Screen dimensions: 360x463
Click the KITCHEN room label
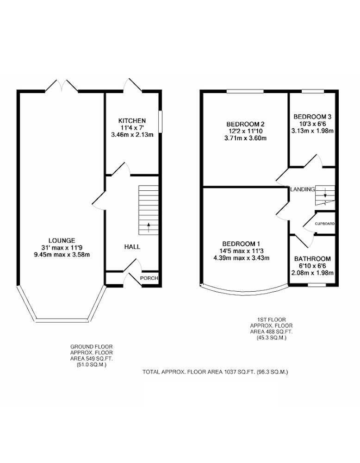pyautogui.click(x=132, y=121)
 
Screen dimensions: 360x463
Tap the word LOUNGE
pyautogui.click(x=62, y=241)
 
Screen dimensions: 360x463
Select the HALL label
pyautogui.click(x=132, y=247)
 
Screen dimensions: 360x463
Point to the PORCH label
pyautogui.click(x=149, y=278)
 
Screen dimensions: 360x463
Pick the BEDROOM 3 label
pyautogui.click(x=312, y=117)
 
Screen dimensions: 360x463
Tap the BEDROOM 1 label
pyautogui.click(x=241, y=244)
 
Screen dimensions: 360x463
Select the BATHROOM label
pyautogui.click(x=312, y=259)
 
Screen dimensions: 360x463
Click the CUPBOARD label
pyautogui.click(x=324, y=224)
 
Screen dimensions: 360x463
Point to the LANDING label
pyautogui.click(x=303, y=189)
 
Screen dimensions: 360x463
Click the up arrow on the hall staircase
pyautogui.click(x=149, y=227)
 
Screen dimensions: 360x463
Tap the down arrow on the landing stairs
pyautogui.click(x=325, y=193)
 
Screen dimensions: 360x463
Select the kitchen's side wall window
pyautogui.click(x=160, y=122)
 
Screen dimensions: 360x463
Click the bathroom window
pyautogui.click(x=317, y=285)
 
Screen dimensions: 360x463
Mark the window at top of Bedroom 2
pyautogui.click(x=245, y=91)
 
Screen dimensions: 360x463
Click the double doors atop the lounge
pyautogui.click(x=62, y=86)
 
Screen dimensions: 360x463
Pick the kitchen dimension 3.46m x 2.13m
pyautogui.click(x=132, y=135)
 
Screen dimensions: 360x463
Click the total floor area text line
pyautogui.click(x=215, y=372)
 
